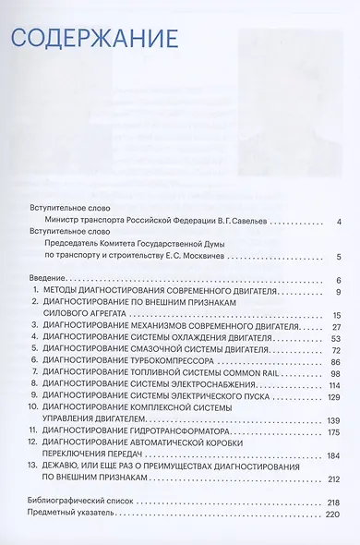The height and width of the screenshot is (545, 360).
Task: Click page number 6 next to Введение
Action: (x=340, y=280)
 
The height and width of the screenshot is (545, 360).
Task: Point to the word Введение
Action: (x=47, y=280)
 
